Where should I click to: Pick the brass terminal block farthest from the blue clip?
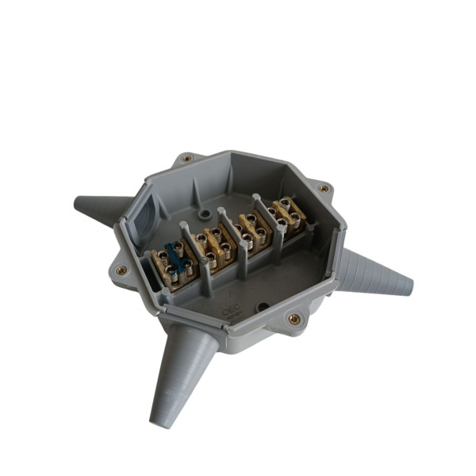tap(288, 213)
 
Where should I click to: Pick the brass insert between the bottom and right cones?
tap(294, 320)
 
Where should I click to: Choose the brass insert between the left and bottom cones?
tap(121, 270)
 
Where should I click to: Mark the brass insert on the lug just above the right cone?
tap(323, 189)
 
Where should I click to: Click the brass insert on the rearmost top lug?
tap(186, 158)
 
